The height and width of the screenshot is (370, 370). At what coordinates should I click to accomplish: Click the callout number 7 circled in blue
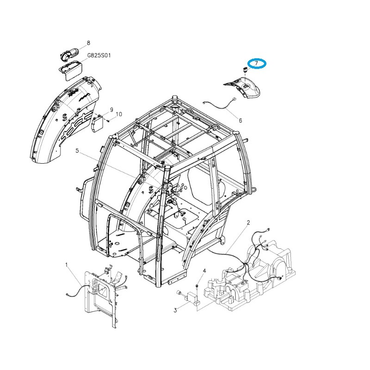pyautogui.click(x=256, y=63)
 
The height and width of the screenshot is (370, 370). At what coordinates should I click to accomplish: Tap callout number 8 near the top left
pyautogui.click(x=88, y=43)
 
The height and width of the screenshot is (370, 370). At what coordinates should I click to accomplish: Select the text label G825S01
pyautogui.click(x=99, y=55)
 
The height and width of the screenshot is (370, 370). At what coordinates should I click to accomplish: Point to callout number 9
pyautogui.click(x=111, y=110)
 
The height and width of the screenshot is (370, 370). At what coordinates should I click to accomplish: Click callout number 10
pyautogui.click(x=119, y=114)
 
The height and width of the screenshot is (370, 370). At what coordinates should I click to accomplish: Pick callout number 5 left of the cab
pyautogui.click(x=78, y=151)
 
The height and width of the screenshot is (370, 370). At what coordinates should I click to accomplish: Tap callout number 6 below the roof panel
pyautogui.click(x=240, y=121)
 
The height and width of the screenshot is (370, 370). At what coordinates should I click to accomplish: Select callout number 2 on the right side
pyautogui.click(x=248, y=222)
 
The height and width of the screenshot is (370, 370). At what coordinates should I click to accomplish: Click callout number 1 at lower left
pyautogui.click(x=66, y=265)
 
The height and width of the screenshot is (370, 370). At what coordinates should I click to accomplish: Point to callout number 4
pyautogui.click(x=204, y=271)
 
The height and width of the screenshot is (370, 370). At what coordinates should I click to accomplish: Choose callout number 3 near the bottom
pyautogui.click(x=175, y=310)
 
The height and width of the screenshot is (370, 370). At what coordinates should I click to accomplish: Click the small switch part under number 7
pyautogui.click(x=245, y=70)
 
